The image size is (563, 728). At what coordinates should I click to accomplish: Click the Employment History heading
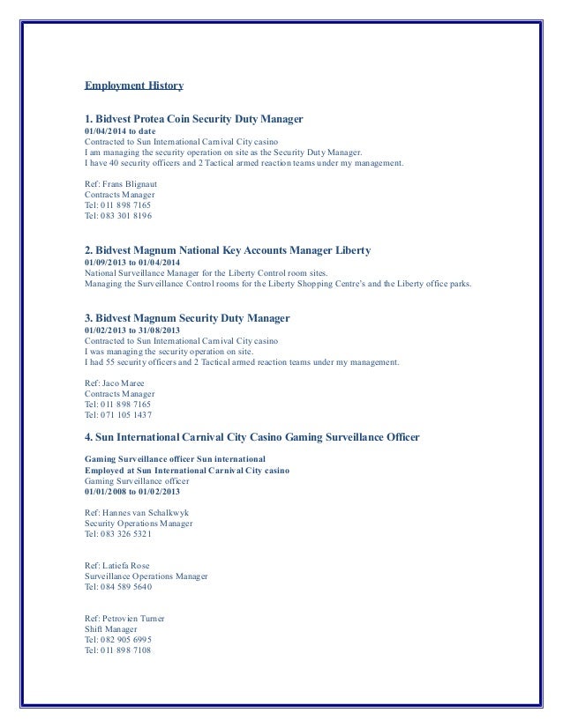(133, 86)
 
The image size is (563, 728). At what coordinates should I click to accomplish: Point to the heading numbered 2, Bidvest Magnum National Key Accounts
(227, 250)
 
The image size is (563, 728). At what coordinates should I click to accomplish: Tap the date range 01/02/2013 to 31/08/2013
(133, 330)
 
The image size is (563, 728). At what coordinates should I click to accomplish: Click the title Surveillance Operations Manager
(146, 576)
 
